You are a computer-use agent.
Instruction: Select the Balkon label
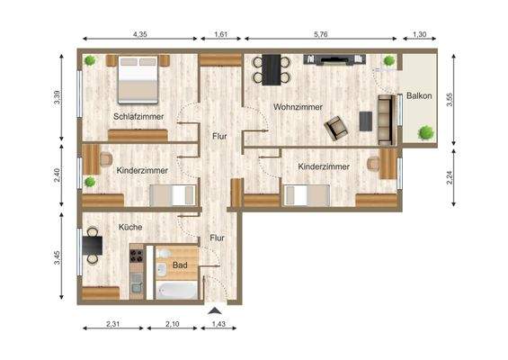coord(420,95)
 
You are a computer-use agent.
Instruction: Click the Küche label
coord(130,227)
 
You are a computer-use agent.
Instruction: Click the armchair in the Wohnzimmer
coord(337,128)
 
